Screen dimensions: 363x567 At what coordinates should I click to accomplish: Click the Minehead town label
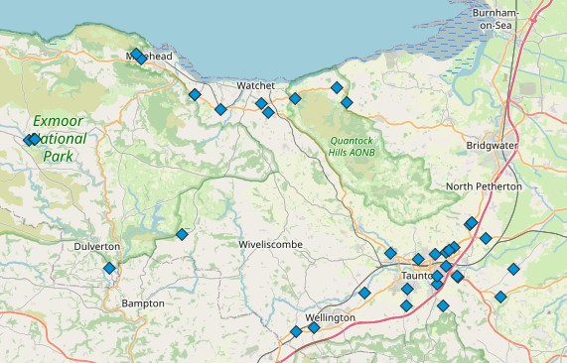coord(150,58)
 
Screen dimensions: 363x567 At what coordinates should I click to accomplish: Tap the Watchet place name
coord(254,86)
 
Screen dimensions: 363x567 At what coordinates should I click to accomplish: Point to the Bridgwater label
coord(492,145)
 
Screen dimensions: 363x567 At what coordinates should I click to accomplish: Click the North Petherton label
coord(484,186)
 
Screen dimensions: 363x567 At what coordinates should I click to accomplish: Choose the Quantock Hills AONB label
coord(353,146)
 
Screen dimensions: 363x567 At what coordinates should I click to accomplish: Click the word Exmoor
coord(58,121)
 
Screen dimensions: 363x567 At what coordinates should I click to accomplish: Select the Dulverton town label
coord(96,246)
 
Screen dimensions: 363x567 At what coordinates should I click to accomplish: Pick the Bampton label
coord(142,302)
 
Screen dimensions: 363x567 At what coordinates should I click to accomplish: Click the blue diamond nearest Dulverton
coord(109,268)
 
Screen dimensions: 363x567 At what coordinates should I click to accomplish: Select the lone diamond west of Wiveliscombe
coord(182,234)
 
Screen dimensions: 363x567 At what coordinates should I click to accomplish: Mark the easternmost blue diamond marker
coord(513,269)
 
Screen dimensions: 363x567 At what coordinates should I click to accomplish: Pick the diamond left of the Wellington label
coord(295,331)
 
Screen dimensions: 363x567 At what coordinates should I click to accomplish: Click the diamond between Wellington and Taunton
coord(364,294)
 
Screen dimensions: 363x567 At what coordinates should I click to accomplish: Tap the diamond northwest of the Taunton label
coord(390,253)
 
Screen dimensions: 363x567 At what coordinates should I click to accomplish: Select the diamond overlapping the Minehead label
coord(136,56)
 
